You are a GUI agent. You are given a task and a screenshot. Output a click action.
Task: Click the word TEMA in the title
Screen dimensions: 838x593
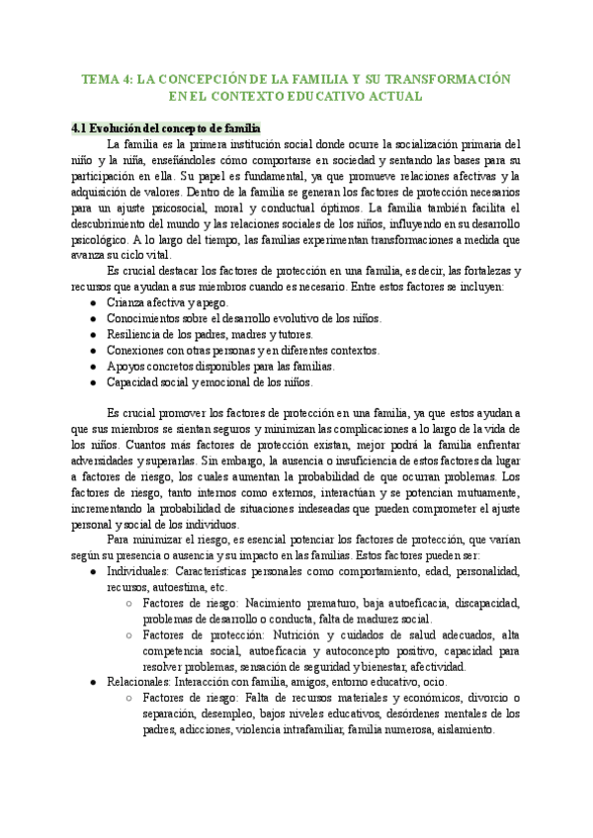click(97, 77)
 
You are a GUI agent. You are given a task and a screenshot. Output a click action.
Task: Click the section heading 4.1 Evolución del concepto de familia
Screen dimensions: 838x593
click(166, 127)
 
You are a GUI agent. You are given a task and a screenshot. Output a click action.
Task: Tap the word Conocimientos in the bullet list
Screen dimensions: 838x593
click(144, 317)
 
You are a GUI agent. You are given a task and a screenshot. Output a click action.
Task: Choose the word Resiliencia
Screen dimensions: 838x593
click(134, 333)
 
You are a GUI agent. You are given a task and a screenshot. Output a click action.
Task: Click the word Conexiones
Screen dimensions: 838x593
click(135, 349)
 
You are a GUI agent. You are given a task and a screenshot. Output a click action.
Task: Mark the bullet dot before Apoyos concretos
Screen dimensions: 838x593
click(92, 366)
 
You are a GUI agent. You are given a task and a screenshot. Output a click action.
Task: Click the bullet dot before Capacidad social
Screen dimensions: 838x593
click(92, 381)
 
